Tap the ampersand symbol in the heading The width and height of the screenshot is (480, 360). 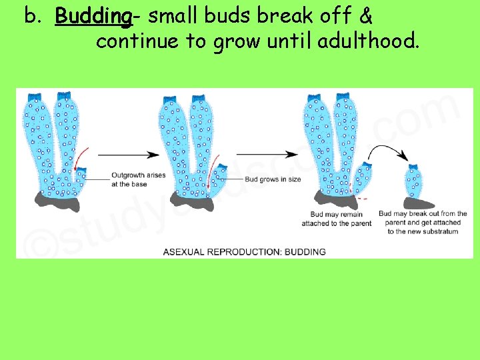364,15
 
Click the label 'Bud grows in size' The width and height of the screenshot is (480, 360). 273,179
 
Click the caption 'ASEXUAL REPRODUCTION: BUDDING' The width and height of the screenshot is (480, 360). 245,251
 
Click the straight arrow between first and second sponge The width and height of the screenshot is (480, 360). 128,155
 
